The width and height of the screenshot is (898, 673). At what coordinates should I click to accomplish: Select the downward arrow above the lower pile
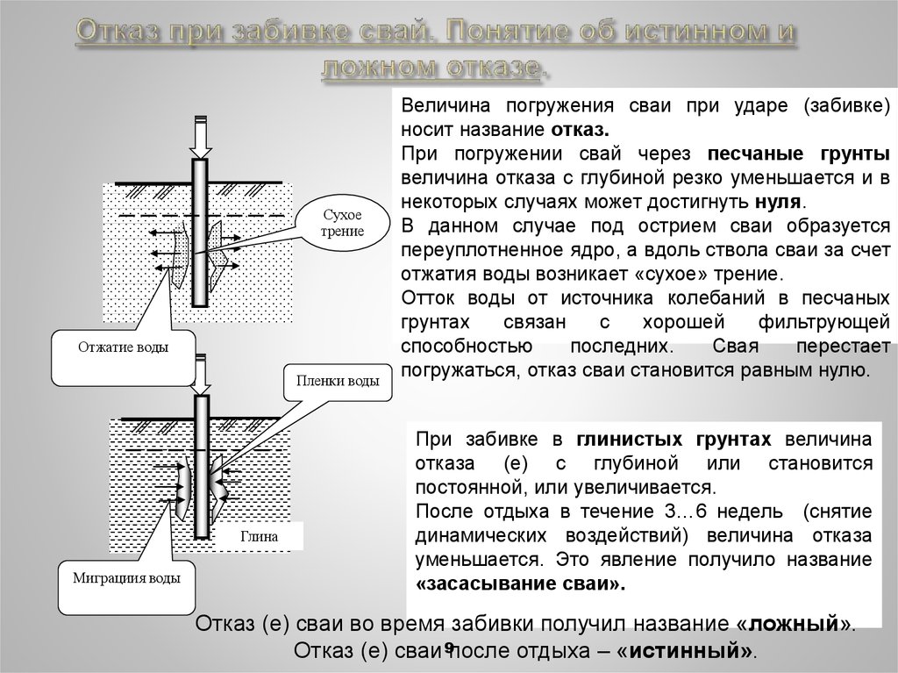pyautogui.click(x=201, y=374)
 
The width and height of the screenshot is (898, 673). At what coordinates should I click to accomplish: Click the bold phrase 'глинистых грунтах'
pyautogui.click(x=675, y=440)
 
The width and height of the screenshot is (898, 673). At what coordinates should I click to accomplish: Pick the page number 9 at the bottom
pyautogui.click(x=448, y=648)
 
